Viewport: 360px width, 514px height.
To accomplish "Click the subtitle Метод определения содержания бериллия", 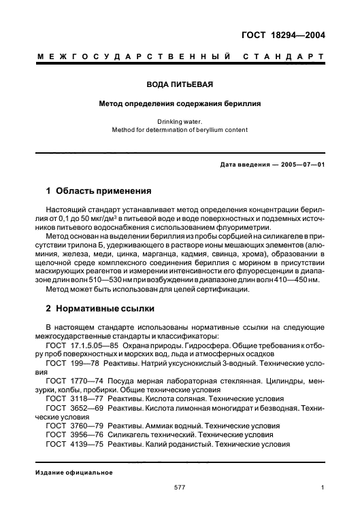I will [x=180, y=105].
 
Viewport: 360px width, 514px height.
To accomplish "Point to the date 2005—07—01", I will [x=296, y=165].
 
